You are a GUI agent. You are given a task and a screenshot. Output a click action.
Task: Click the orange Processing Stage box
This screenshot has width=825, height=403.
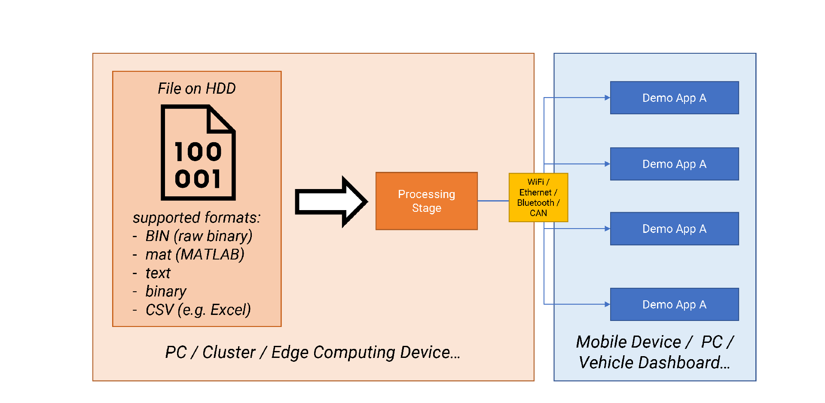pos(426,201)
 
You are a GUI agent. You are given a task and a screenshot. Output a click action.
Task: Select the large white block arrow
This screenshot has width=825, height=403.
pos(331,201)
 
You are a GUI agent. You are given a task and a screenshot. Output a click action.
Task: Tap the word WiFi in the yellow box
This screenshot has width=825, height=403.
pos(536,182)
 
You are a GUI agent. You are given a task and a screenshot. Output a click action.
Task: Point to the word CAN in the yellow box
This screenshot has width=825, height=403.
pos(538,213)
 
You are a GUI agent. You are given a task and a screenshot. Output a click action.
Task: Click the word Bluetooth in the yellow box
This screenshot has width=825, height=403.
pos(535,203)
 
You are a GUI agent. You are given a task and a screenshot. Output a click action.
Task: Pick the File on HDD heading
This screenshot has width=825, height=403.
pos(197,89)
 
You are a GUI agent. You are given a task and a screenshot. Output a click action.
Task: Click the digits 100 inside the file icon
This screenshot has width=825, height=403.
pos(198,152)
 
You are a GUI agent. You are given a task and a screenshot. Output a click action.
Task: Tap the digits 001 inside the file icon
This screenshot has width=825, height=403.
pos(198,178)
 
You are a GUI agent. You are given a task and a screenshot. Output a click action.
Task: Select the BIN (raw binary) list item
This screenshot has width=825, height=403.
pos(199,236)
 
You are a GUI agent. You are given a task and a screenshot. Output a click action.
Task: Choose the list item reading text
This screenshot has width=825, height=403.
pos(158,273)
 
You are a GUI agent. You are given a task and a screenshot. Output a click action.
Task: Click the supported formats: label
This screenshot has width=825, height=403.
pos(196,218)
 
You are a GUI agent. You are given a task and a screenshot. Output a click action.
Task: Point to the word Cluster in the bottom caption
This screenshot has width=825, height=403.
pos(229,352)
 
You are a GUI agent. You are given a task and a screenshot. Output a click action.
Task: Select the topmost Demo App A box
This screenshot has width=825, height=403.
pos(675,98)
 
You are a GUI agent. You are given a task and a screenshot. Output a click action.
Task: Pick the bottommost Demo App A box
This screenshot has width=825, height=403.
pos(675,305)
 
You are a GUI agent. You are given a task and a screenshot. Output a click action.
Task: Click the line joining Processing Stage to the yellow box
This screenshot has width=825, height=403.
pos(493,201)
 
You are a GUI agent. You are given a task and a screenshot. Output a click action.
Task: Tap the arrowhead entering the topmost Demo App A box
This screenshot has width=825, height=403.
pos(607,98)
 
